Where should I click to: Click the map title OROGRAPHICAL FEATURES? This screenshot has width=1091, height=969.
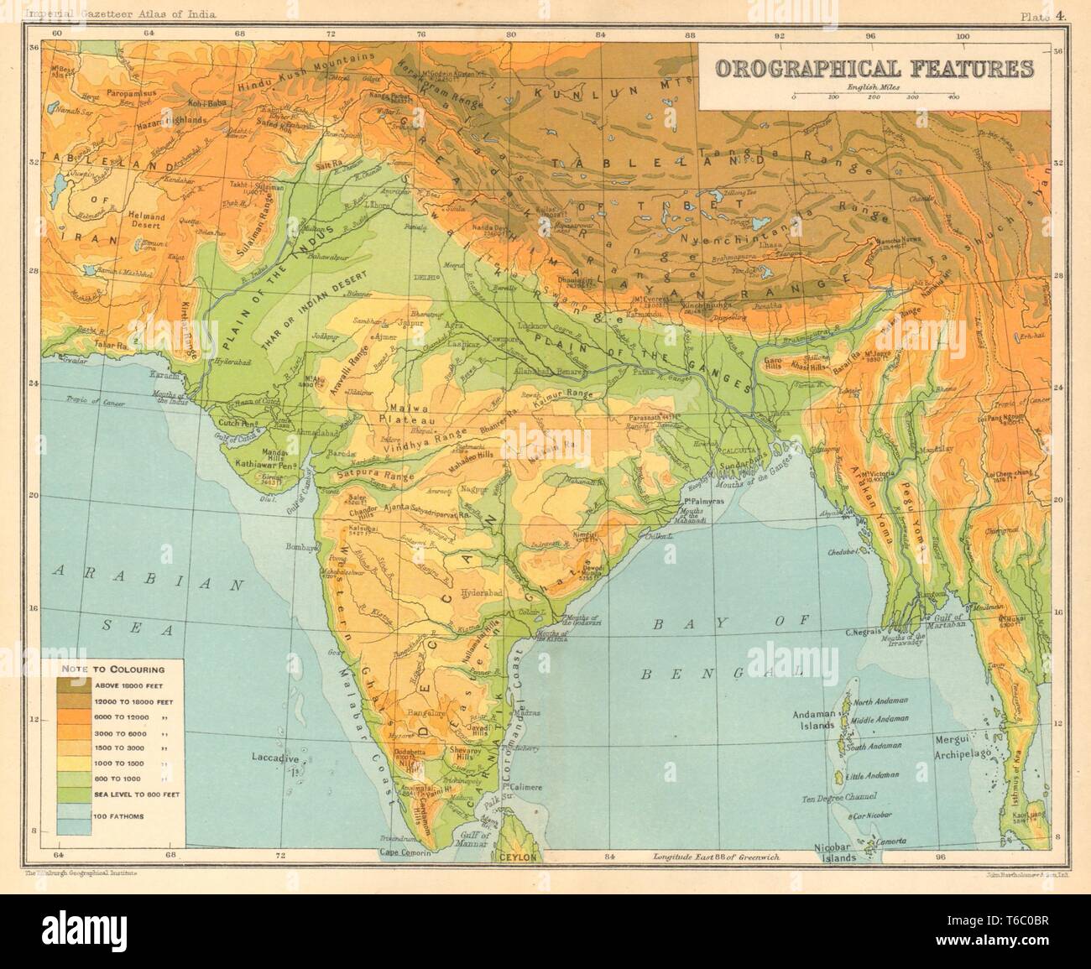pos(874,68)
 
